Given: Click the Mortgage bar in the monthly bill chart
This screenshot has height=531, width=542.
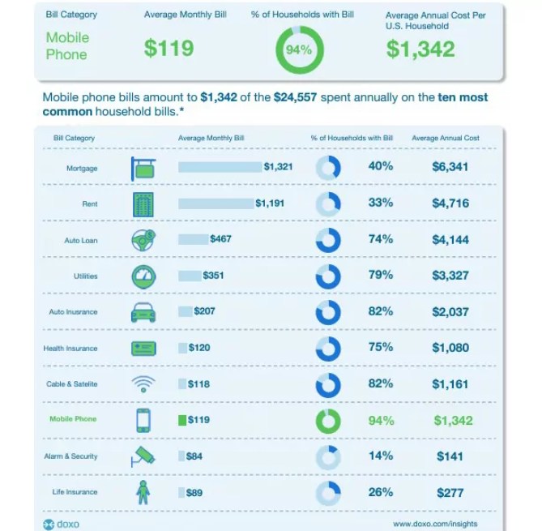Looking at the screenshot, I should (x=220, y=168).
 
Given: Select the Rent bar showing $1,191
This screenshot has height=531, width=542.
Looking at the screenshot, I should (x=216, y=203).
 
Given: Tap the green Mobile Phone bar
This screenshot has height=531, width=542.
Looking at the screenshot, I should (x=182, y=421).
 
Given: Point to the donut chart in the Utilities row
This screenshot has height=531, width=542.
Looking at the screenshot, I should (x=328, y=276).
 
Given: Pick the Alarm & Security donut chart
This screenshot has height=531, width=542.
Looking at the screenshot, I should (x=328, y=456).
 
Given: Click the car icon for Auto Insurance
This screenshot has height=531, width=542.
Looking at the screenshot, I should (x=143, y=312).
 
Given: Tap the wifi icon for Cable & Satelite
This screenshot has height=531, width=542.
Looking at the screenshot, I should (x=143, y=383).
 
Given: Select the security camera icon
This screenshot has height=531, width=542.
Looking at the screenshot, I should (x=143, y=456).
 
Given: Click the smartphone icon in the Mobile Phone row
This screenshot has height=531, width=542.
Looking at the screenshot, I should (x=143, y=421).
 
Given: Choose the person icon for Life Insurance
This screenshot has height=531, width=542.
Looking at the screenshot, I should (x=143, y=492).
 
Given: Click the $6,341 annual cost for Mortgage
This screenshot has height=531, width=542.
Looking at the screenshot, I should (x=450, y=167).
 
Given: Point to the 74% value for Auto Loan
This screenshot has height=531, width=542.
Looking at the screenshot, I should (x=381, y=239).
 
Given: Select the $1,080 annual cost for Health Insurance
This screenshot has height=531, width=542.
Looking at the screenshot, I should (x=450, y=348).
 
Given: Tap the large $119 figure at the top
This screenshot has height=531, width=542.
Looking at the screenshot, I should (x=169, y=48).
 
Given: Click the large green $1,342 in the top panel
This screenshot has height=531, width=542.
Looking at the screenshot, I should (x=420, y=49).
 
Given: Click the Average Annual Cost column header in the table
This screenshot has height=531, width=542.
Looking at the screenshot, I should (x=446, y=139).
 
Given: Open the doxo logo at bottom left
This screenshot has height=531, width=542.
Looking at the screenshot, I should (x=62, y=524).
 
